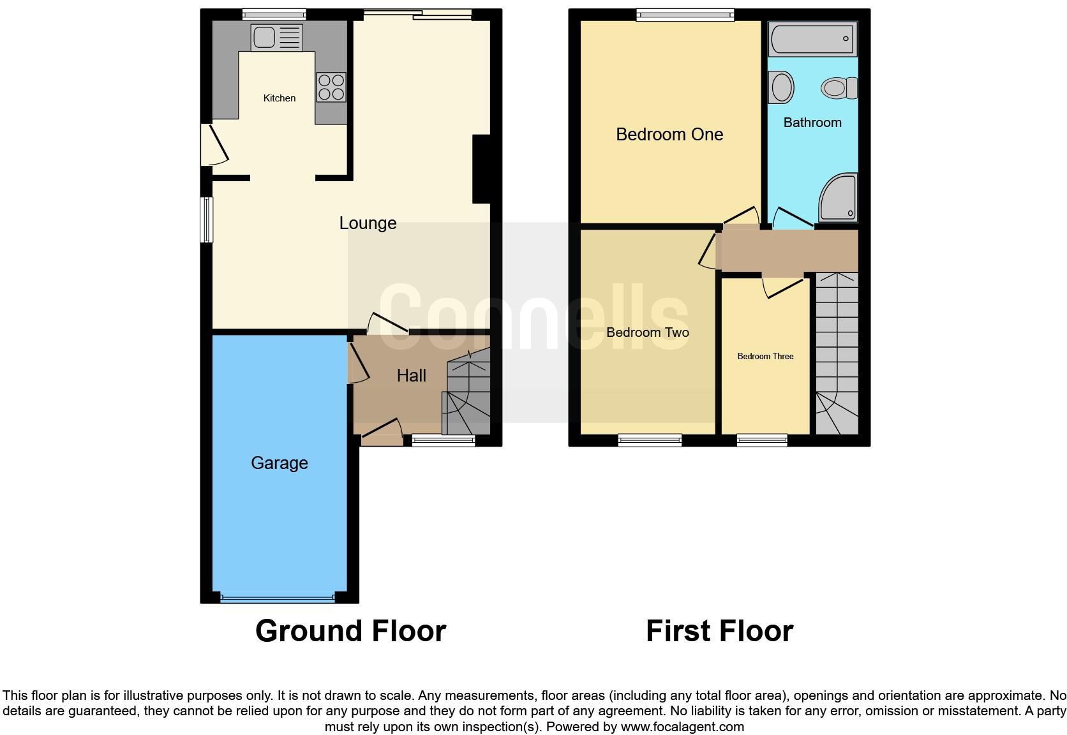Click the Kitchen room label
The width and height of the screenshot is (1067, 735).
pyautogui.click(x=280, y=98)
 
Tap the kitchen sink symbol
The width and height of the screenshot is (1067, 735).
pyautogui.click(x=276, y=38)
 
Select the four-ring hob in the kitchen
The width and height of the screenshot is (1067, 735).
pyautogui.click(x=331, y=87)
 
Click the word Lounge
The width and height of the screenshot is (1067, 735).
pyautogui.click(x=368, y=223)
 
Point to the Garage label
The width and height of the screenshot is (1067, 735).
pyautogui.click(x=280, y=463)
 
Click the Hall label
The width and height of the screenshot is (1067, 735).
pyautogui.click(x=412, y=376)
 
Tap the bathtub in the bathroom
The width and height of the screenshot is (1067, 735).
pyautogui.click(x=812, y=39)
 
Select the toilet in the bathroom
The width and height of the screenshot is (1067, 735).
pyautogui.click(x=840, y=87)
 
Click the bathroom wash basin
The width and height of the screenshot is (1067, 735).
pyautogui.click(x=781, y=87)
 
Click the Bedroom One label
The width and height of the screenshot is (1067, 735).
pyautogui.click(x=669, y=135)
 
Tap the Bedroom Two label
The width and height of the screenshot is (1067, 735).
pyautogui.click(x=648, y=332)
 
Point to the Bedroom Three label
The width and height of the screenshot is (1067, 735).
pyautogui.click(x=765, y=357)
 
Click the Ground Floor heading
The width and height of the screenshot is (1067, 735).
pyautogui.click(x=350, y=631)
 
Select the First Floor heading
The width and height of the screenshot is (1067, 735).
pyautogui.click(x=719, y=631)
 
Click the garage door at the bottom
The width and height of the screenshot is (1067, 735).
pyautogui.click(x=278, y=598)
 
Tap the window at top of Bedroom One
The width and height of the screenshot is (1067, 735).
pyautogui.click(x=685, y=15)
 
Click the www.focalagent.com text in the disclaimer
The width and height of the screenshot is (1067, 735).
pyautogui.click(x=682, y=727)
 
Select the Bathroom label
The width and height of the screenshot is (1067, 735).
pyautogui.click(x=812, y=122)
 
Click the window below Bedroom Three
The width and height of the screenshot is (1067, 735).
pyautogui.click(x=762, y=440)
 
